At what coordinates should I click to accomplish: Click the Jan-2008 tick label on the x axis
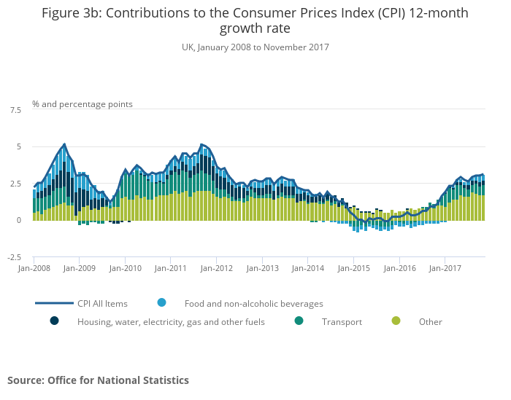point(34,268)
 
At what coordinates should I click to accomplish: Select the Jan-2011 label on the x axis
point(170,268)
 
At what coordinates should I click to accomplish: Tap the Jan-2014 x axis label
point(307,268)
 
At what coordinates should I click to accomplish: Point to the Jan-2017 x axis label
point(445,268)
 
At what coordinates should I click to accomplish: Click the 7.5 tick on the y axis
point(15,110)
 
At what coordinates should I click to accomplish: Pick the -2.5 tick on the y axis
point(14,257)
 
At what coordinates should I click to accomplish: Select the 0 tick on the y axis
point(19,220)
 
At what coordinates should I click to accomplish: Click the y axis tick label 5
point(19,146)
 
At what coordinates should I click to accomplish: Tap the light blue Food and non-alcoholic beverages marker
point(162,302)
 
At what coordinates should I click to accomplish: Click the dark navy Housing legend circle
point(54,321)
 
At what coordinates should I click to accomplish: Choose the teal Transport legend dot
point(299,321)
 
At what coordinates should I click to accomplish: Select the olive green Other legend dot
point(396,321)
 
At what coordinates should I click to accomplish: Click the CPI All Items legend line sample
point(54,303)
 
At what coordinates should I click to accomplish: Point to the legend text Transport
point(342,321)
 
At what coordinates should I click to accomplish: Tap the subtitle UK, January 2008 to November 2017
point(255,47)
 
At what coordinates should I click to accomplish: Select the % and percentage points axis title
point(82,103)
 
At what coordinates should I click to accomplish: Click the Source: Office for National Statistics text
point(98,380)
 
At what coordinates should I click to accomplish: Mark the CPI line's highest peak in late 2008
point(64,144)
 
